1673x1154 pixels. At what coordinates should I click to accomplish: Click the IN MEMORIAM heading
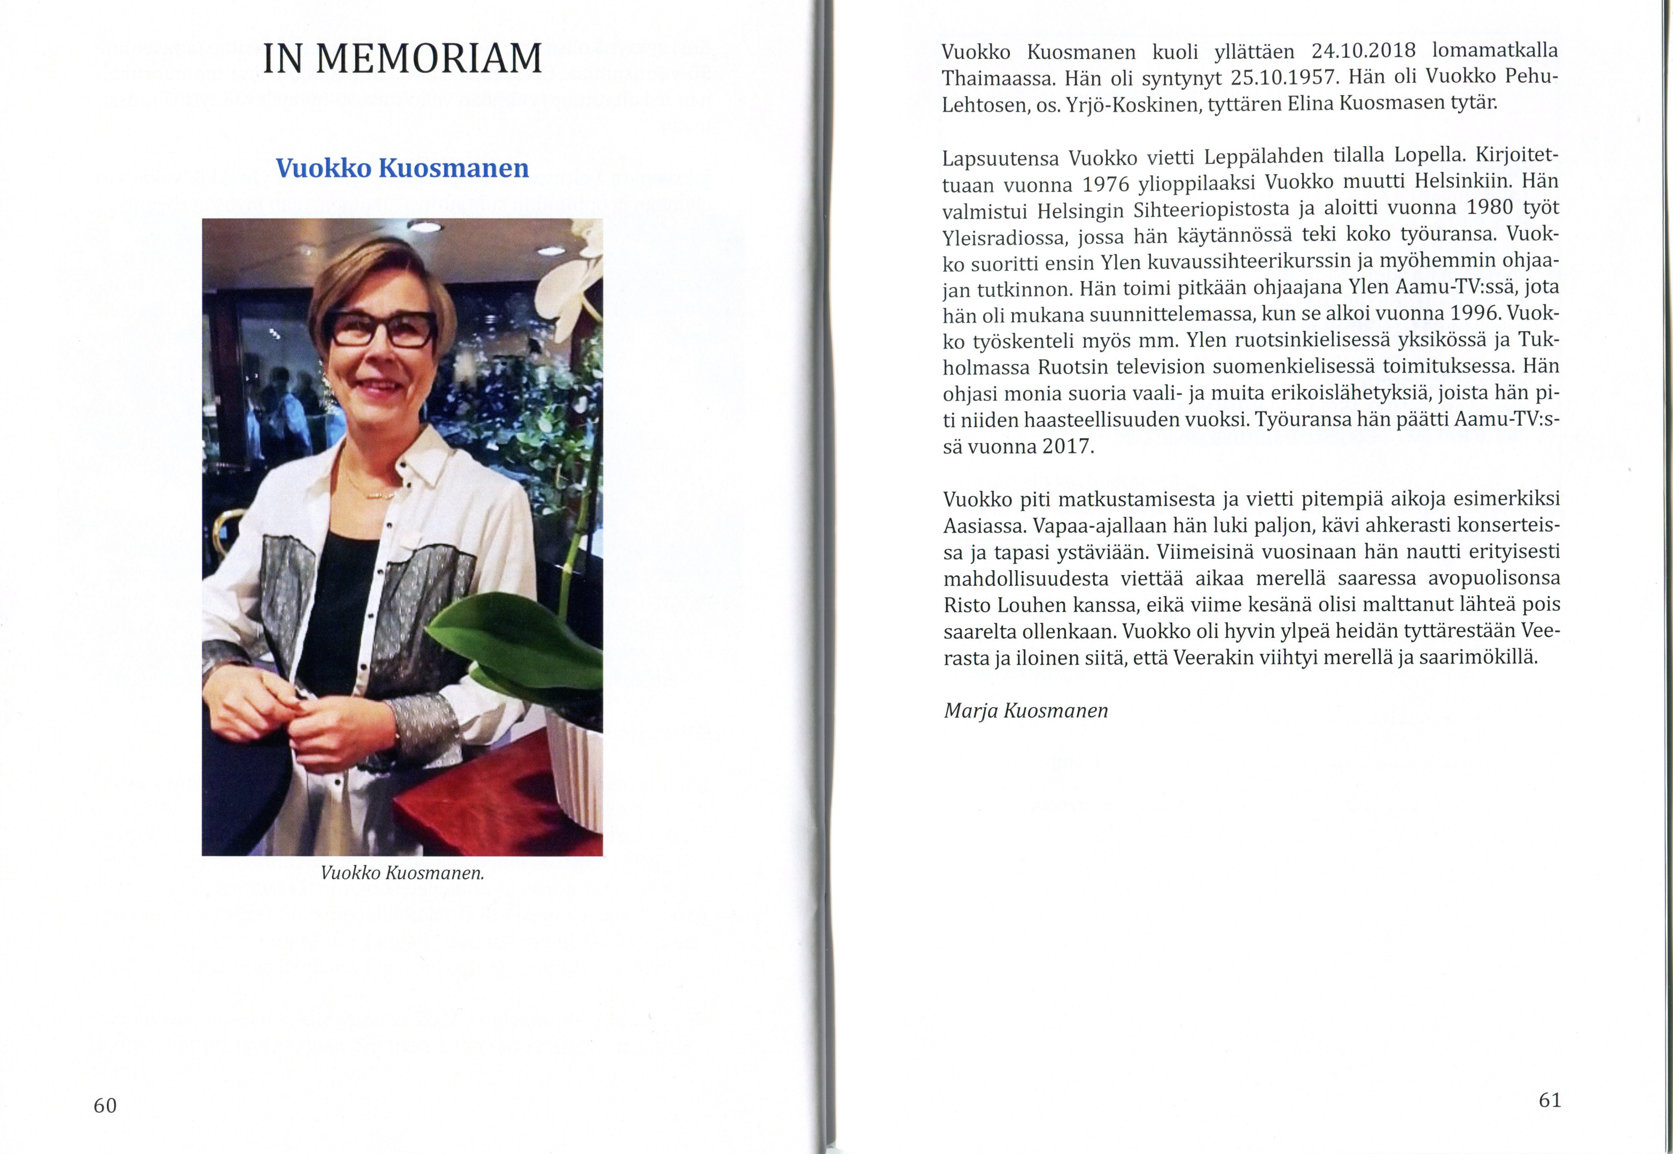click(x=402, y=59)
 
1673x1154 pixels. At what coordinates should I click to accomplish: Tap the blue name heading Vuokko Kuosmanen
click(x=402, y=168)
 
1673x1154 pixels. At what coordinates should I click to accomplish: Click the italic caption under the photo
click(x=402, y=873)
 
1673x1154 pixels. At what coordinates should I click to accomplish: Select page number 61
click(x=1550, y=1101)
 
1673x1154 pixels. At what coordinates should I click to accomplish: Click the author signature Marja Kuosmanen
click(x=1025, y=711)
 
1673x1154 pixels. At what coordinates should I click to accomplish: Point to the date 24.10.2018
click(x=1363, y=51)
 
